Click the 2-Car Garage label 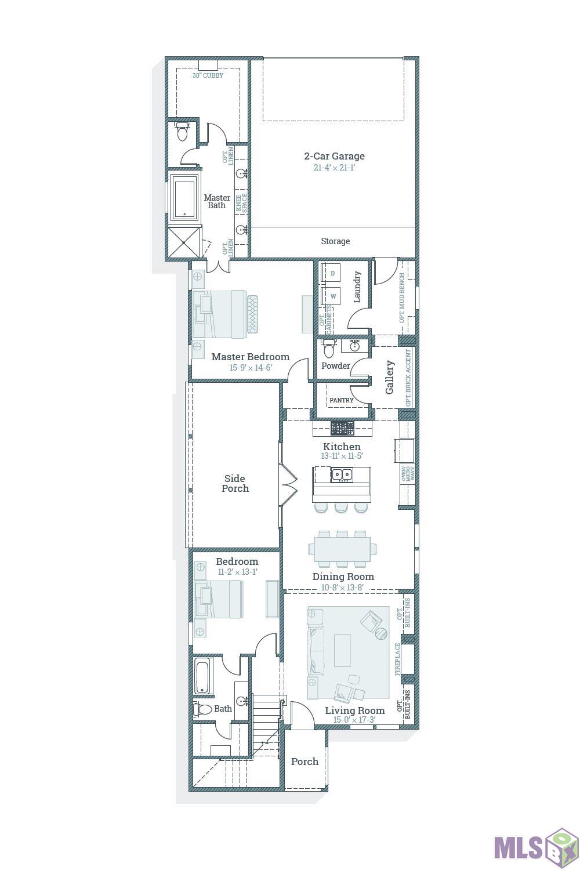point(334,156)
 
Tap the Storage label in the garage point(335,241)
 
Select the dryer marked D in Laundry point(333,273)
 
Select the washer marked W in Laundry point(333,296)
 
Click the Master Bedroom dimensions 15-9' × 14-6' point(250,368)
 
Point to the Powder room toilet point(329,350)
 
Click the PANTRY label point(341,400)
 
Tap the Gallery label point(390,377)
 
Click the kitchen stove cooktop point(342,429)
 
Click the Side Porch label point(235,484)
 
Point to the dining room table point(342,549)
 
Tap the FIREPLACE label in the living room point(398,659)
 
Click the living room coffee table point(342,650)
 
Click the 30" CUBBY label point(208,75)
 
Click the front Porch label point(304,762)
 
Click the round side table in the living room point(380,633)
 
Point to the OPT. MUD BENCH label point(401,298)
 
